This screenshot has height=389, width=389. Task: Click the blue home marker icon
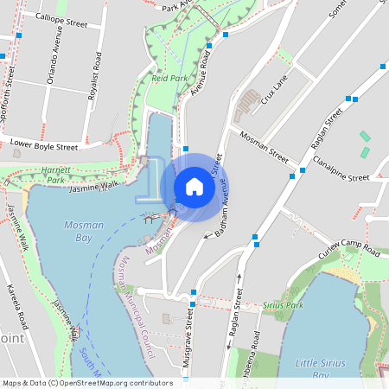tap(194, 186)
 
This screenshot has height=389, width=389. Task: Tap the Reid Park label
tap(169, 78)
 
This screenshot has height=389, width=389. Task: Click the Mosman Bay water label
tap(84, 231)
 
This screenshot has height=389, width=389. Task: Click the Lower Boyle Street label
tap(43, 146)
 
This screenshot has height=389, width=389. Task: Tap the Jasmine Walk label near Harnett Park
tap(92, 186)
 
